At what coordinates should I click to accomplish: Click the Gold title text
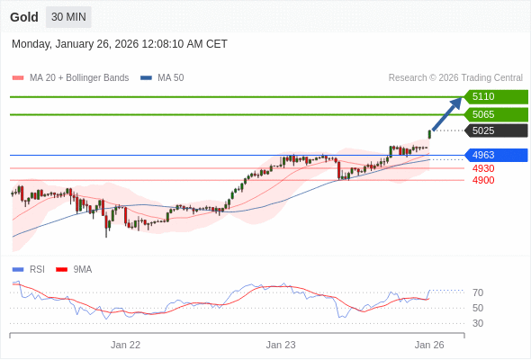(x=24, y=17)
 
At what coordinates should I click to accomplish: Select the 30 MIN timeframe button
(x=69, y=17)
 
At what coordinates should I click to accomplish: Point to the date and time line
(x=120, y=44)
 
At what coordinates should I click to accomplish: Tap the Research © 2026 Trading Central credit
(x=455, y=78)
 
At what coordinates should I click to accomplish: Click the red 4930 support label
(x=483, y=168)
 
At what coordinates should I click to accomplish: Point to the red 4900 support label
(x=483, y=180)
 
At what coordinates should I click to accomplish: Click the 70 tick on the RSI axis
(x=478, y=292)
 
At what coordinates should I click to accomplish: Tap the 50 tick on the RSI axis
(x=478, y=308)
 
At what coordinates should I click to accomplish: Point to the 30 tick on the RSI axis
(x=478, y=323)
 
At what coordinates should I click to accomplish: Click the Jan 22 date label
(x=126, y=344)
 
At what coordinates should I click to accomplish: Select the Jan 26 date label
(x=429, y=344)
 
